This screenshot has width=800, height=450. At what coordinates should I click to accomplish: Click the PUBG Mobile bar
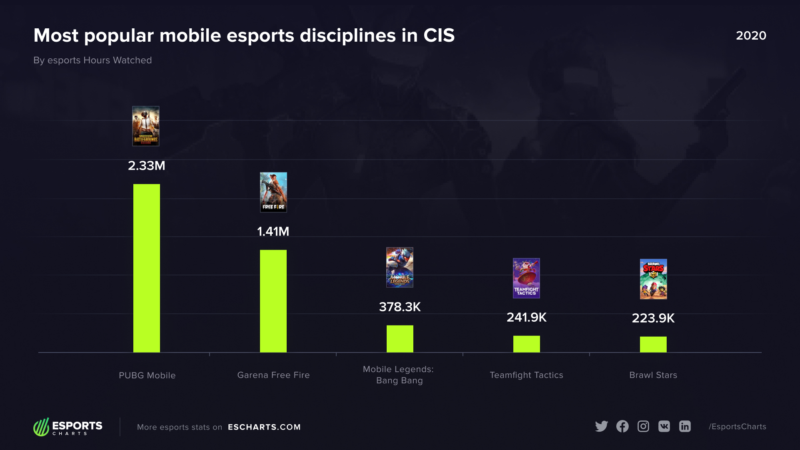147,268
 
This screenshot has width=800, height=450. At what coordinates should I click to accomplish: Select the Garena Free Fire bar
273,301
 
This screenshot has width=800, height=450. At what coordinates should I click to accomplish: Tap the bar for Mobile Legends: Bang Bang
400,339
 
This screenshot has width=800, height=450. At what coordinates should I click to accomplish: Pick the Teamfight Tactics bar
527,344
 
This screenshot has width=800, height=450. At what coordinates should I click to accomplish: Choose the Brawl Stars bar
653,344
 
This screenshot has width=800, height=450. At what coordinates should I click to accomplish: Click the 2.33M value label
147,165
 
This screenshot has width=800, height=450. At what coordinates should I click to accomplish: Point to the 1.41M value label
273,231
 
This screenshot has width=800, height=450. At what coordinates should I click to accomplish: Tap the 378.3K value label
400,307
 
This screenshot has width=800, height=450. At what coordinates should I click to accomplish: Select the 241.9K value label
527,317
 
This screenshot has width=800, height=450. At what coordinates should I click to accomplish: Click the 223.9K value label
653,318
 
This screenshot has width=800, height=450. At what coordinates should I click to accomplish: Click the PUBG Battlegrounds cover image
146,126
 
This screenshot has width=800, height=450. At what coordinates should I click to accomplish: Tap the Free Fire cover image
273,192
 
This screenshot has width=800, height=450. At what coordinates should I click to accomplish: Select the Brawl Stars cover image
653,279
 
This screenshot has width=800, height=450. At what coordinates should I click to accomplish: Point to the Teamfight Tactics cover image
526,278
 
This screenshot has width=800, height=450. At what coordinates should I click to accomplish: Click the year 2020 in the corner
751,35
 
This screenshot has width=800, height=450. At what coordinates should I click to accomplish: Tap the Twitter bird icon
601,426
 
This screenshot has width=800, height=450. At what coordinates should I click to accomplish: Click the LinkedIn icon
685,426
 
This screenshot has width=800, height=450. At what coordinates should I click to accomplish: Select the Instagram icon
643,426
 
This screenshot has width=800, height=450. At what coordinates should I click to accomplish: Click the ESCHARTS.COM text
264,427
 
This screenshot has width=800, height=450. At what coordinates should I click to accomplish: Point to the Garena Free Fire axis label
273,375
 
